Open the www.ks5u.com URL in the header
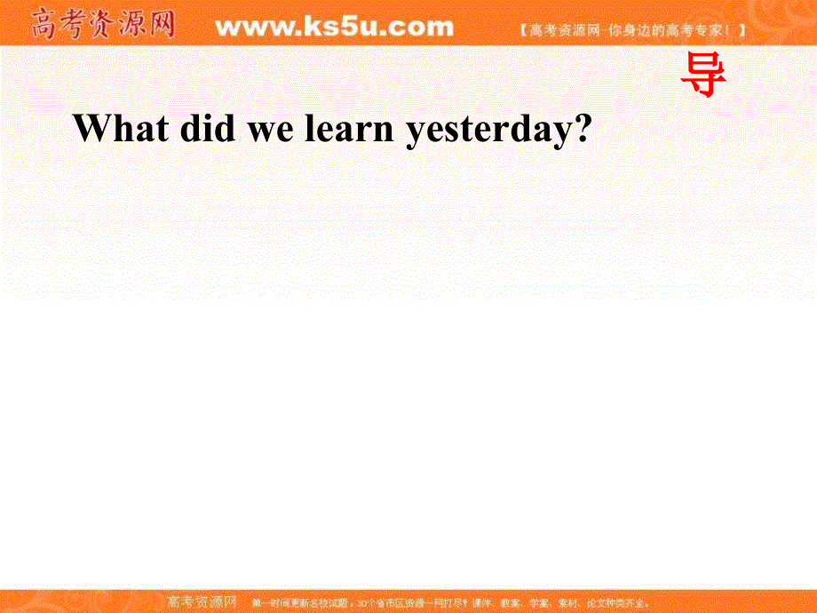pos(334,27)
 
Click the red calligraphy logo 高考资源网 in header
pos(102,25)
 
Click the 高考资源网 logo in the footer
pos(202,601)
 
